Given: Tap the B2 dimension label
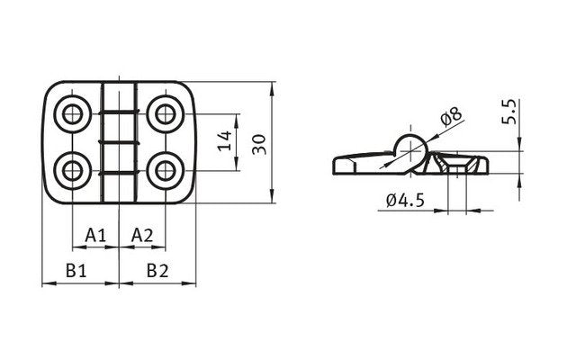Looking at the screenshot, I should pyautogui.click(x=157, y=269).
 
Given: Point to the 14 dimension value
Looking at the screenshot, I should pyautogui.click(x=226, y=140).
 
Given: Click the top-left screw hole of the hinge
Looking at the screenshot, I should pyautogui.click(x=72, y=113).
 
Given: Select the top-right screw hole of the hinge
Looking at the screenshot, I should pyautogui.click(x=166, y=113).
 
